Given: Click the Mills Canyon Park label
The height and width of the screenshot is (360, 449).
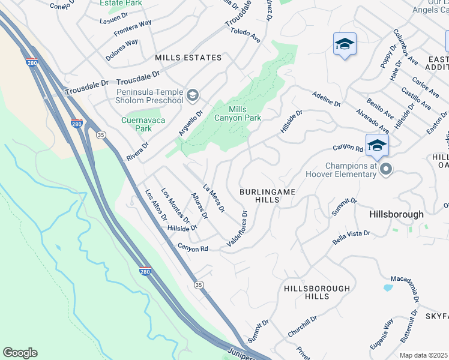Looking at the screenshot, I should [246, 113].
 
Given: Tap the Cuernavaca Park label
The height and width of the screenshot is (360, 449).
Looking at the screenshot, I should [136, 124].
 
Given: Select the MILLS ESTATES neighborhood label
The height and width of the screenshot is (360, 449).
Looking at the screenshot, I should [188, 58].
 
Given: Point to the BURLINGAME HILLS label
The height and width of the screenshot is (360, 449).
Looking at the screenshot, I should [268, 196].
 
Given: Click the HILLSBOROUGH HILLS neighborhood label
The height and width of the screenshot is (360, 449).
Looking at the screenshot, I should [316, 292].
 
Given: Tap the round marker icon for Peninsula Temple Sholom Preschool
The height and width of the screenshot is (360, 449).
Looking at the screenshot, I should [192, 95].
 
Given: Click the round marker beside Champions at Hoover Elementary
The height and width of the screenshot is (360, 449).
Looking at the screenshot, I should [387, 170].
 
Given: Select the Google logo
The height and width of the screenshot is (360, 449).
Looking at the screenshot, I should [20, 353].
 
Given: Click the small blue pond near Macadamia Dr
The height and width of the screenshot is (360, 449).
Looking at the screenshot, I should [387, 288].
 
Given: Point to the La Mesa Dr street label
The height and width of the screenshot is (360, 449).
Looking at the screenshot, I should [214, 199].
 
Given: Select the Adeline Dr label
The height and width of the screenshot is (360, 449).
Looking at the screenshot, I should [327, 99].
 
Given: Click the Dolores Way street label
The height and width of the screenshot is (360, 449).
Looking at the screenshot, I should [122, 49].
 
